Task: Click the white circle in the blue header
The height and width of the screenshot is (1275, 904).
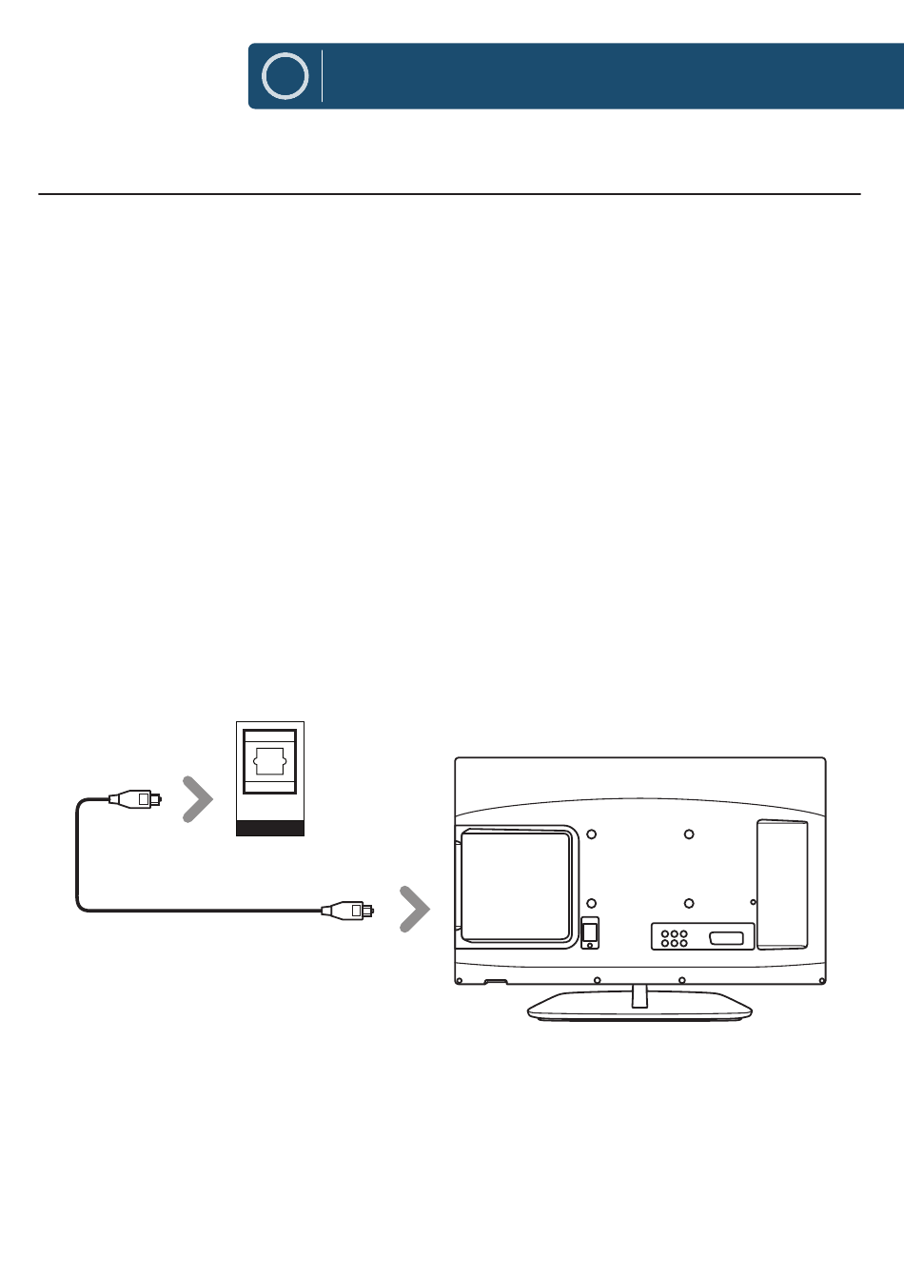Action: (285, 76)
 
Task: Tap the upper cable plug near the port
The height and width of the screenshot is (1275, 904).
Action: (134, 799)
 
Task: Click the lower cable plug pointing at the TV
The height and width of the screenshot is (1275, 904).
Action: (347, 911)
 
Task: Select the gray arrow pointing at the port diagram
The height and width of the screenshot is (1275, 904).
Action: (198, 799)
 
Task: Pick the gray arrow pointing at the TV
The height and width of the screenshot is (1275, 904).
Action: (415, 910)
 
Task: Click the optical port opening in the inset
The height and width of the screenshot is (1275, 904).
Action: (270, 761)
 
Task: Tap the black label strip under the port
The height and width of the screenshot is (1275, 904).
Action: (270, 829)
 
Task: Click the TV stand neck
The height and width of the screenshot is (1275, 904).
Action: (639, 995)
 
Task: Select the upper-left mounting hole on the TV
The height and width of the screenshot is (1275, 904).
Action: (591, 834)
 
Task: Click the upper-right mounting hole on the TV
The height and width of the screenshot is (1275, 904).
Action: (689, 834)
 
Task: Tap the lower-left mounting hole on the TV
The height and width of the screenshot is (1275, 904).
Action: (591, 903)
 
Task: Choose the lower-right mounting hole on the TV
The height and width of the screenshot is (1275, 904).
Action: (689, 903)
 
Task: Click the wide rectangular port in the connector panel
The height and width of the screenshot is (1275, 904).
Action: (726, 938)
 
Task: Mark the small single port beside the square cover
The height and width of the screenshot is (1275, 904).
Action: (590, 932)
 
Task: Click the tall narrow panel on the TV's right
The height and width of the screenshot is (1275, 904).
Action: (782, 885)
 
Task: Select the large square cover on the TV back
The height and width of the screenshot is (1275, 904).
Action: (517, 887)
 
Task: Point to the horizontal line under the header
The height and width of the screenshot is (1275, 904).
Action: (449, 194)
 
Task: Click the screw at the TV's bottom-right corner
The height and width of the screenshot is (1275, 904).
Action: (822, 981)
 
